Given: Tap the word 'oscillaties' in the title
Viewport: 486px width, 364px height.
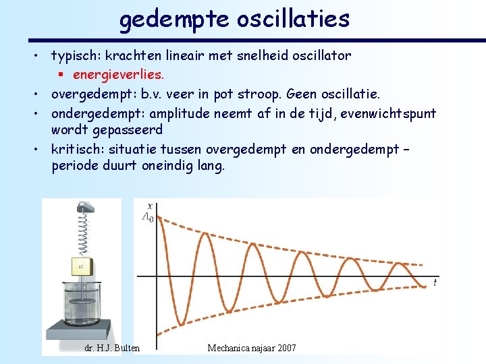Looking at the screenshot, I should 293,18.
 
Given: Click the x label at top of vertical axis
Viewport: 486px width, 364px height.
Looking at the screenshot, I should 148,205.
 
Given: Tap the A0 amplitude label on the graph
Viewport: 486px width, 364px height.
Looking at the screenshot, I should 147,218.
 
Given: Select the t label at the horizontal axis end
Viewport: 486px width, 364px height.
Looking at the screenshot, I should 435,283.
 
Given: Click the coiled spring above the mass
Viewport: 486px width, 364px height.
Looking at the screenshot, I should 86,233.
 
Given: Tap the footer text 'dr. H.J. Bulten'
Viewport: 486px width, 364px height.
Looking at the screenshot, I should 112,348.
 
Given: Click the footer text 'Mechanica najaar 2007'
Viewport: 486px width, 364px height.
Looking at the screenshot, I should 252,348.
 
